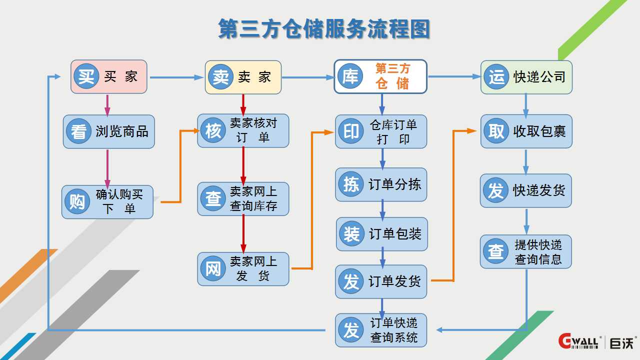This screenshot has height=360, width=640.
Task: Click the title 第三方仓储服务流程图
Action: (324, 29)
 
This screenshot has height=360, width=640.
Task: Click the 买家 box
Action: (109, 76)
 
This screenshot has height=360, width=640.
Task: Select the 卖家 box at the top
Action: (243, 77)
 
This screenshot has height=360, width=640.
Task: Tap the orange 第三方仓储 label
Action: (392, 76)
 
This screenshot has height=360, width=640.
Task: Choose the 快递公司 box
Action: (526, 77)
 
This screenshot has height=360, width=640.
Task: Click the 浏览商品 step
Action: (109, 131)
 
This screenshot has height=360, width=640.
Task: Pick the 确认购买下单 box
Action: (107, 201)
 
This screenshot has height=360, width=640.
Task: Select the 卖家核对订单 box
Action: (243, 130)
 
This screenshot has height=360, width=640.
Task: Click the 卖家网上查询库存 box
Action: (243, 198)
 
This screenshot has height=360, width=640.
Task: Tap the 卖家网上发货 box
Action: (243, 268)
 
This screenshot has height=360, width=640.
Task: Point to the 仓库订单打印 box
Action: (381, 131)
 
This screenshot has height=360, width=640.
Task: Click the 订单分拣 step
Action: (381, 184)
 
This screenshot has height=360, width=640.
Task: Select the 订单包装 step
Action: (381, 234)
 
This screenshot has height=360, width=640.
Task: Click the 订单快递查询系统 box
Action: (381, 330)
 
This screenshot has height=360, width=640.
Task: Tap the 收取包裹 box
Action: (526, 131)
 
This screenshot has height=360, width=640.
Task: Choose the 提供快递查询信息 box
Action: (526, 252)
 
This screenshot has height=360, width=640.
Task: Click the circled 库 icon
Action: (350, 76)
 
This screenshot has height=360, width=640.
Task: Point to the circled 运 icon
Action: (496, 77)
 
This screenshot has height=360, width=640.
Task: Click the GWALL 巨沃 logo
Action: (597, 341)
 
